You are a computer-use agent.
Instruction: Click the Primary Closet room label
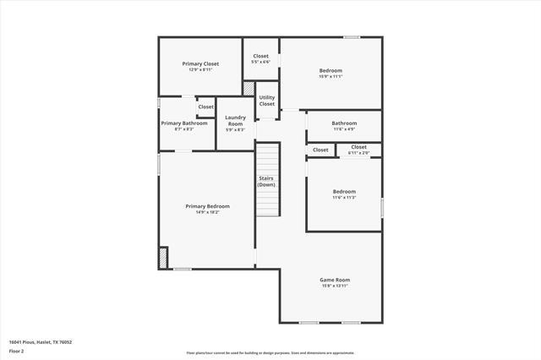click(200, 63)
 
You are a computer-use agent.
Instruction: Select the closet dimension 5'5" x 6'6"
click(260, 62)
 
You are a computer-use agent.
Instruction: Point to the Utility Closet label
click(266, 101)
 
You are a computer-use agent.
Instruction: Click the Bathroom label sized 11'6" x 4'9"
click(344, 123)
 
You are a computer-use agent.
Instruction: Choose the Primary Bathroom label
click(184, 123)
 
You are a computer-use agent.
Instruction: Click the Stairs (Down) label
click(267, 181)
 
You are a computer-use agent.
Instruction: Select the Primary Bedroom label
click(207, 206)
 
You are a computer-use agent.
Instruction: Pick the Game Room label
click(335, 279)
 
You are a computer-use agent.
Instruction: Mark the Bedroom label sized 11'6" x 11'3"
click(344, 192)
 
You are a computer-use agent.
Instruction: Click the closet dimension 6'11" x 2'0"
click(358, 152)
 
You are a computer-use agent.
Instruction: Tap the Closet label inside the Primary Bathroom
click(205, 107)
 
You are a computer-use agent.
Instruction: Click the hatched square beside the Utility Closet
click(249, 87)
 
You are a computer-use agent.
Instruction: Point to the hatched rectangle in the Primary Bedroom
click(163, 257)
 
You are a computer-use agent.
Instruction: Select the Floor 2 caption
click(17, 351)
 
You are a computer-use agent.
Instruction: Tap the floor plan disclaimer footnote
click(270, 352)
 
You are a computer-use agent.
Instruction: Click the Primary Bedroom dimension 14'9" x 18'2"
click(207, 212)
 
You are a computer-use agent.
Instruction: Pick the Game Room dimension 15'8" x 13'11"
click(335, 285)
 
